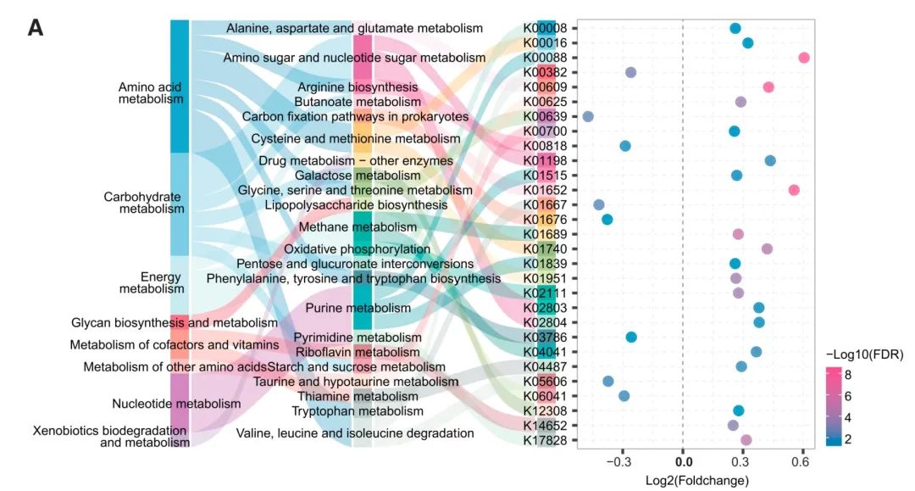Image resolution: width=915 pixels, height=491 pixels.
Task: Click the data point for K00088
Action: pos(804,58)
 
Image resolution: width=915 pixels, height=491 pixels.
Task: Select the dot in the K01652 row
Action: pos(794,190)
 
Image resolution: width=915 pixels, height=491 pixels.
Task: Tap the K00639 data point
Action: pos(588,116)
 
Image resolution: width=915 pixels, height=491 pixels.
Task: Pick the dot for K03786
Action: pos(631,337)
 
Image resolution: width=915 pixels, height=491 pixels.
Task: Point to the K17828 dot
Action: pos(746,439)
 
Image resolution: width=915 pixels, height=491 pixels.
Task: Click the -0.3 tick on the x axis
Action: pos(623,462)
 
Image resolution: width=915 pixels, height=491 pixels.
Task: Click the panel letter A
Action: pos(36,28)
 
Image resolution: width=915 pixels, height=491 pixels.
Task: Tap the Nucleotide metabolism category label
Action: pos(176,404)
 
